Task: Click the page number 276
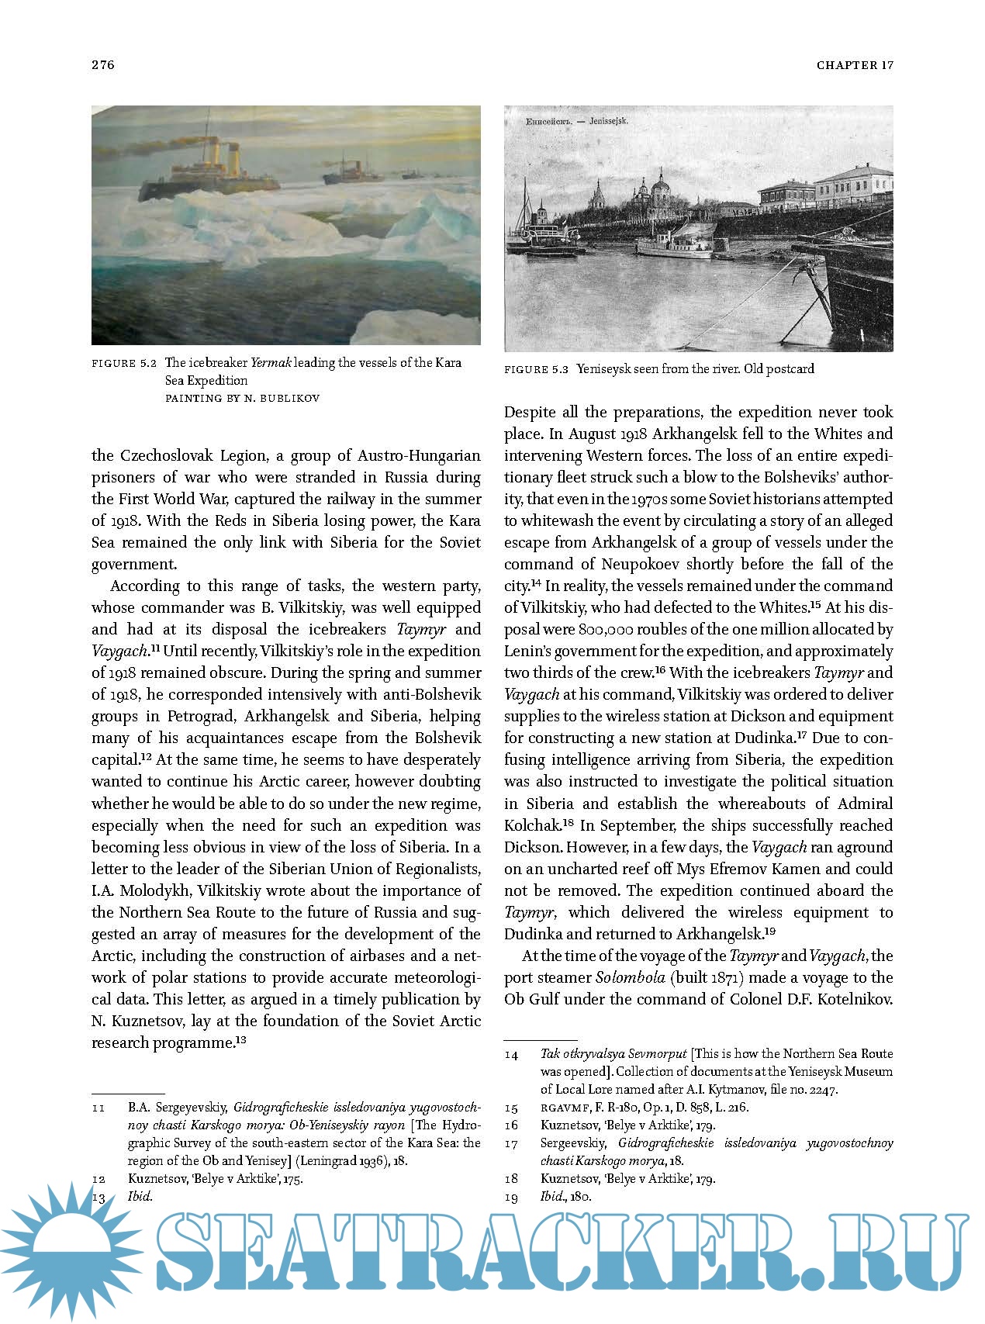(103, 65)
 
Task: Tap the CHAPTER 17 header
(855, 65)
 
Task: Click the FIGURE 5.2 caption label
(125, 363)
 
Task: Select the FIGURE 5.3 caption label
(537, 369)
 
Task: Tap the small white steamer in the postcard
(673, 245)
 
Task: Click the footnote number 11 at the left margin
(98, 1108)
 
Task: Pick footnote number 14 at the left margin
(511, 1054)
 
